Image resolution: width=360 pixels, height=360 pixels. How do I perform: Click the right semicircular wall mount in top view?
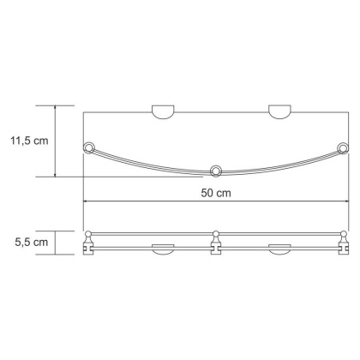(x=279, y=111)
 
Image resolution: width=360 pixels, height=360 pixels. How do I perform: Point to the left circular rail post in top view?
(x=87, y=147)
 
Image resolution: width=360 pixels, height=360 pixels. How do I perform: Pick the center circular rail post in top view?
(x=216, y=169)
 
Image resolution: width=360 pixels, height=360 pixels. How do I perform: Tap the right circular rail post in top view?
(x=343, y=147)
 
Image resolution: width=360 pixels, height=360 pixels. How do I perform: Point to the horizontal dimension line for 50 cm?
(x=214, y=203)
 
